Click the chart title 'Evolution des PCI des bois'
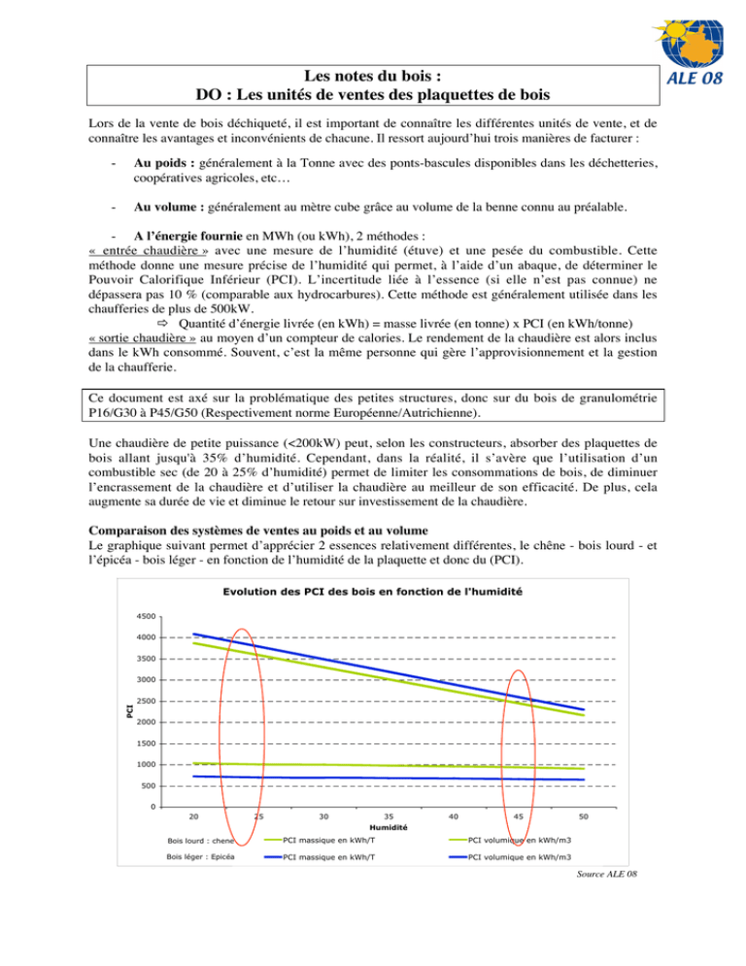374,594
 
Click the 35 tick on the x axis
389,817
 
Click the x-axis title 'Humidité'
389,828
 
